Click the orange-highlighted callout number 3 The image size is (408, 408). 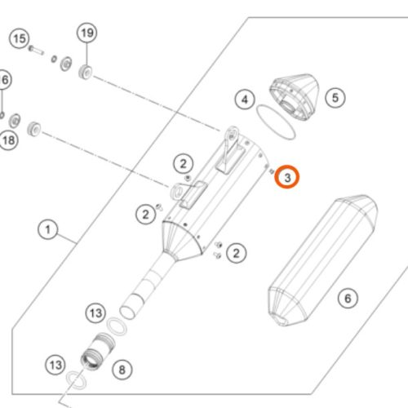287,177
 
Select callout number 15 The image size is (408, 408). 20,38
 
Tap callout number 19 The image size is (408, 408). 87,33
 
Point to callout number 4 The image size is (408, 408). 245,100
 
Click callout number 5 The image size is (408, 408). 335,98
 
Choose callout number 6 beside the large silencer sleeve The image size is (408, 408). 348,299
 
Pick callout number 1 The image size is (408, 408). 48,230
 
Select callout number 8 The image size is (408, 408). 122,370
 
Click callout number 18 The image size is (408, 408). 8,140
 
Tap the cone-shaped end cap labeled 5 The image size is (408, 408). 295,96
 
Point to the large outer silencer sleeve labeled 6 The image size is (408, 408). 322,260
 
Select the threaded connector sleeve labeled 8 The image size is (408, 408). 98,351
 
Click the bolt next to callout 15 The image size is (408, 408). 36,51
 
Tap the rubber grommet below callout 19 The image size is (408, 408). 86,72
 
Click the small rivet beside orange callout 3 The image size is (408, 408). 271,171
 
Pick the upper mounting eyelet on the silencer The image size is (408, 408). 232,134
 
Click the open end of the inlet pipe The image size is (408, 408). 127,313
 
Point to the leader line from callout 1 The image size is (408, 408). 67,237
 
